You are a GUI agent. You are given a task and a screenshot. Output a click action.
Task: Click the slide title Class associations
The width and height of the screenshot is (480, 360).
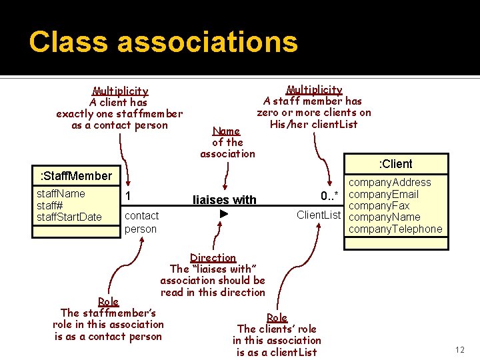[x=163, y=41]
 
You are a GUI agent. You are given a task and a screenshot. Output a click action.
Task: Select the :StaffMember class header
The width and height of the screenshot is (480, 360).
[x=75, y=176]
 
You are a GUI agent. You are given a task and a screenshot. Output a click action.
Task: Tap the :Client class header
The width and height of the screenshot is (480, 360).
[x=395, y=164]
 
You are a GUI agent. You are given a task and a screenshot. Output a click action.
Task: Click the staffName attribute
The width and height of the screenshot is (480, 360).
[x=61, y=193]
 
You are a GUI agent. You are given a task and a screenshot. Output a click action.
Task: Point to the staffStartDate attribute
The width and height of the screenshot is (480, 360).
[x=69, y=217]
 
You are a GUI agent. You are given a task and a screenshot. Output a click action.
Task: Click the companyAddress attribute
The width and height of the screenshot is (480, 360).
[x=390, y=183]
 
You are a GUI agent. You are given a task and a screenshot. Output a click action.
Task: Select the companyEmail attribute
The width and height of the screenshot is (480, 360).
[x=384, y=194]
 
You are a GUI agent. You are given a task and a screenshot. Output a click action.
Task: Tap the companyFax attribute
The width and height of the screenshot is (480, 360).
[x=379, y=205]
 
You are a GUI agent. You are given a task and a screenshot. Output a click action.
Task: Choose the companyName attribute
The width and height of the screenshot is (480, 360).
[x=385, y=217]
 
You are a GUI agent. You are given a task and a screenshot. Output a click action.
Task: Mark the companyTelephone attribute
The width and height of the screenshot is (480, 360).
[x=395, y=229]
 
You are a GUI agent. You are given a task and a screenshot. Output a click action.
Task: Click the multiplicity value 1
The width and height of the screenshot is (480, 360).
[x=129, y=195]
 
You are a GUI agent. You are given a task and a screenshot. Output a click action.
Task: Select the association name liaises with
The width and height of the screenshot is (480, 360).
[x=224, y=200]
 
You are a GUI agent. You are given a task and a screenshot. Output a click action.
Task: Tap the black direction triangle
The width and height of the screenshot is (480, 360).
[x=224, y=214]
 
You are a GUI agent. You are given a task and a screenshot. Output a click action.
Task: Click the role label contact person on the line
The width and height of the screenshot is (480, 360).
[x=141, y=222]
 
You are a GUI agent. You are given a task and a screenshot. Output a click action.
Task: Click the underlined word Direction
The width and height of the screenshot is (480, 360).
[x=213, y=258]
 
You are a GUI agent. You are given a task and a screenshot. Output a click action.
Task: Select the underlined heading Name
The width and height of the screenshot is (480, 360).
[x=226, y=131]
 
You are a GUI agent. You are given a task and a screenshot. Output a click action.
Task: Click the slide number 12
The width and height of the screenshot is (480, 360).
[x=459, y=350]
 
